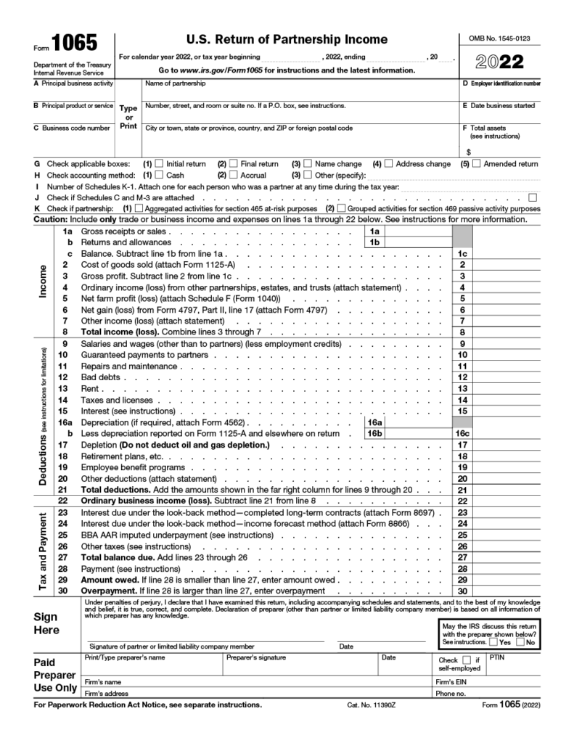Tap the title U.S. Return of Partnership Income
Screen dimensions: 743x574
[288, 39]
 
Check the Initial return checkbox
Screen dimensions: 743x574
[160, 164]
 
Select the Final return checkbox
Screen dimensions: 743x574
[234, 164]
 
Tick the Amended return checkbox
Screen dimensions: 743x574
[476, 164]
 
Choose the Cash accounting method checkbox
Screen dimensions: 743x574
[160, 175]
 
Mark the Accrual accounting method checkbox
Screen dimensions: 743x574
[234, 175]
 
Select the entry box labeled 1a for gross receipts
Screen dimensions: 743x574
[417, 231]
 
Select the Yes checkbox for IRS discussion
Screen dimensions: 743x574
[493, 642]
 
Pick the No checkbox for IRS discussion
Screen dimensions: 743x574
[520, 642]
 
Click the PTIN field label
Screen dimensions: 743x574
[497, 657]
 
